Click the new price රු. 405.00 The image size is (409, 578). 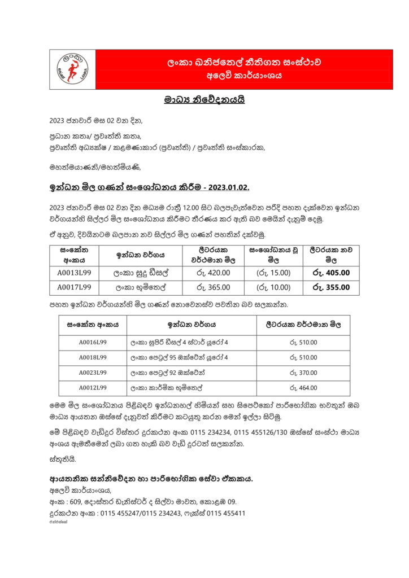click(x=330, y=273)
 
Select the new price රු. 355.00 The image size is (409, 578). click(x=330, y=287)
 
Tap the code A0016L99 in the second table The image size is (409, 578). click(x=93, y=343)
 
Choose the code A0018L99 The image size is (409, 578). click(x=93, y=358)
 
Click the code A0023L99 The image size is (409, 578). click(x=93, y=373)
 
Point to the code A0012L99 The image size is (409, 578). click(x=93, y=388)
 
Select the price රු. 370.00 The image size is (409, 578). click(x=303, y=373)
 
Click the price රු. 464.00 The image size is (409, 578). click(x=303, y=388)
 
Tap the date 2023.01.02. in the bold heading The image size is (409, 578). click(x=226, y=187)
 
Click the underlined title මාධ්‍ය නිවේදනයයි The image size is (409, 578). click(x=204, y=100)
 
